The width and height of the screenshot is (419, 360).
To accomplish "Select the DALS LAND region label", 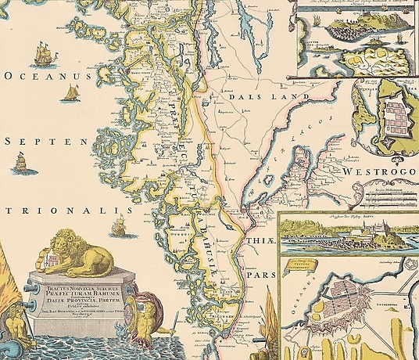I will click(264, 95).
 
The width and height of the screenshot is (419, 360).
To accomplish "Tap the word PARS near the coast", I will click(257, 275).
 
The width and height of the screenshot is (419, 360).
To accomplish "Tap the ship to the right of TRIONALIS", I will click(120, 227).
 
